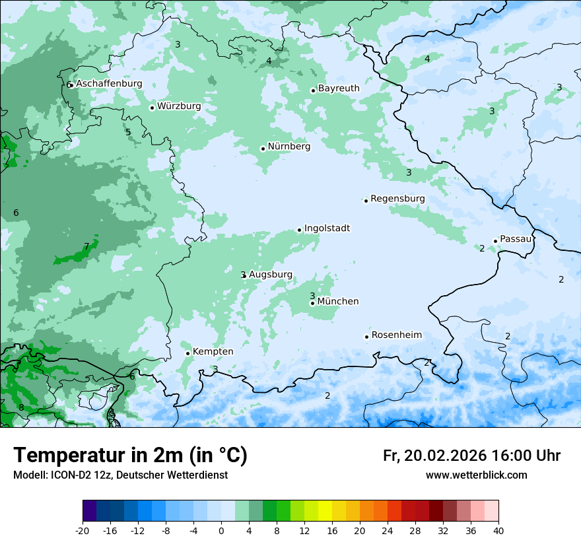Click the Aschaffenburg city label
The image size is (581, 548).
(109, 84)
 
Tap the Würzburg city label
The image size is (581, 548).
(179, 106)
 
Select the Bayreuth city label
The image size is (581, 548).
(339, 88)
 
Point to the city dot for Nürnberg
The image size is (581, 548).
(263, 149)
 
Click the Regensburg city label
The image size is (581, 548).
(397, 199)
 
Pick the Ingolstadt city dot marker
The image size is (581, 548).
(299, 230)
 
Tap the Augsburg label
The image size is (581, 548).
(270, 275)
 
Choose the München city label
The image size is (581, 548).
(338, 302)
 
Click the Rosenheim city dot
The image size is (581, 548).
(366, 337)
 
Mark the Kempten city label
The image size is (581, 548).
(213, 352)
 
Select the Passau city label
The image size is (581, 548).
(516, 239)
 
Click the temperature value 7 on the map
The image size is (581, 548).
(86, 247)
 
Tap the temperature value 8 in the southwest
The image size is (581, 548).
(21, 407)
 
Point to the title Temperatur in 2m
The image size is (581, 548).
(130, 456)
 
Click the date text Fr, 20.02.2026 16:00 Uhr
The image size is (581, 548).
(471, 456)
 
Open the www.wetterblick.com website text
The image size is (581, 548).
(476, 475)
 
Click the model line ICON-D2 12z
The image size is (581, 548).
(120, 475)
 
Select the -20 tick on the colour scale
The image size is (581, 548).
(83, 530)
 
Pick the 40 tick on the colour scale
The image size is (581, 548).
(498, 530)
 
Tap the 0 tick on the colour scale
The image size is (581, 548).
(221, 530)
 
